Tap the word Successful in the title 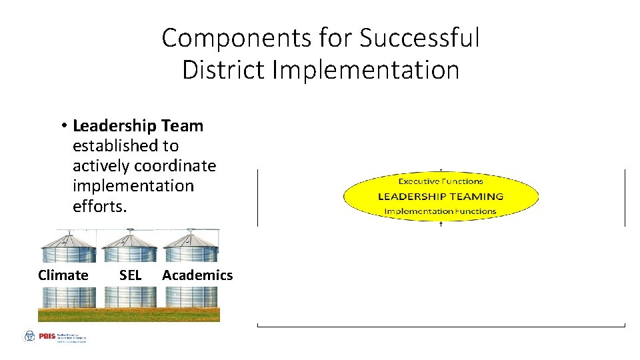tap(419, 39)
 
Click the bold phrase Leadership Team tap(138, 125)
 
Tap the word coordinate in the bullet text tap(175, 165)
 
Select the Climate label tap(63, 275)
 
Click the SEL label tap(130, 275)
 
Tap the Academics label tap(197, 275)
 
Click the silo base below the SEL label tap(130, 297)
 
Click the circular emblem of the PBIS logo tap(29, 337)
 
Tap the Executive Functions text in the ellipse tap(440, 181)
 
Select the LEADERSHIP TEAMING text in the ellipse tap(440, 196)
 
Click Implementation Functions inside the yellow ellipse tap(440, 211)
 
